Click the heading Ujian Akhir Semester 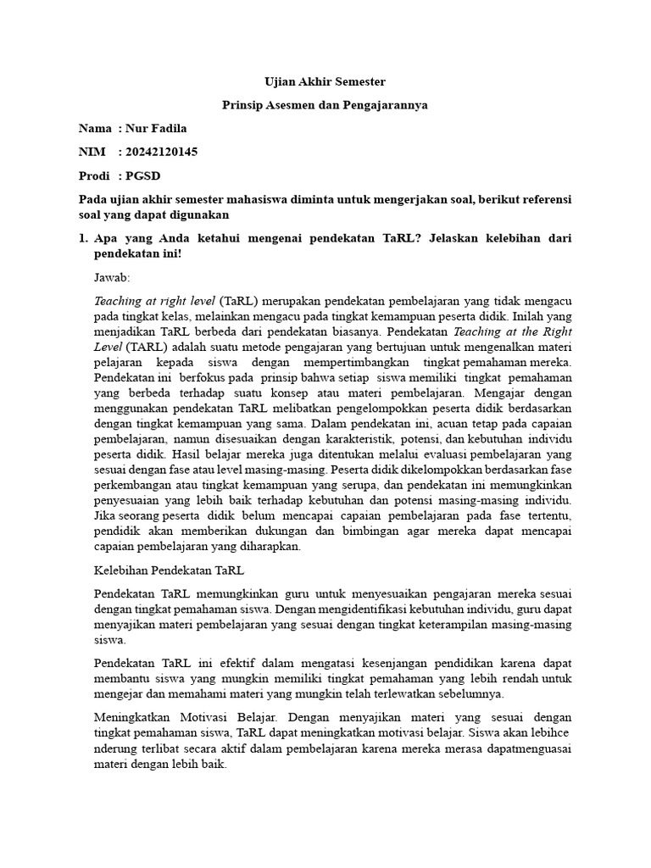325,82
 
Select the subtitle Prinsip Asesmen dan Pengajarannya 325,105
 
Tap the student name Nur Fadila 156,129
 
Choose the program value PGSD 142,175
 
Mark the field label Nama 95,129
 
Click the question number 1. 82,239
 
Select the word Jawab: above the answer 112,276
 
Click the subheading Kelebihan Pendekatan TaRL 169,569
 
